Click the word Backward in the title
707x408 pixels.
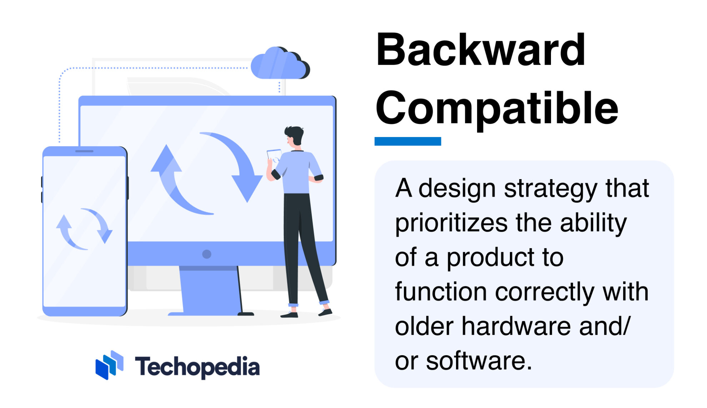click(480, 50)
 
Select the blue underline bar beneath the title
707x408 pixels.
click(407, 141)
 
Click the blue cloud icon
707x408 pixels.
click(279, 64)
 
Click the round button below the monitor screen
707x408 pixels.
click(206, 254)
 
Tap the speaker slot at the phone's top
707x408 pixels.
click(84, 151)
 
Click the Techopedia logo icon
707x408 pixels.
click(109, 365)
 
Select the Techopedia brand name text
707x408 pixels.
click(197, 367)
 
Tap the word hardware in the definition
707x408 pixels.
click(516, 326)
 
